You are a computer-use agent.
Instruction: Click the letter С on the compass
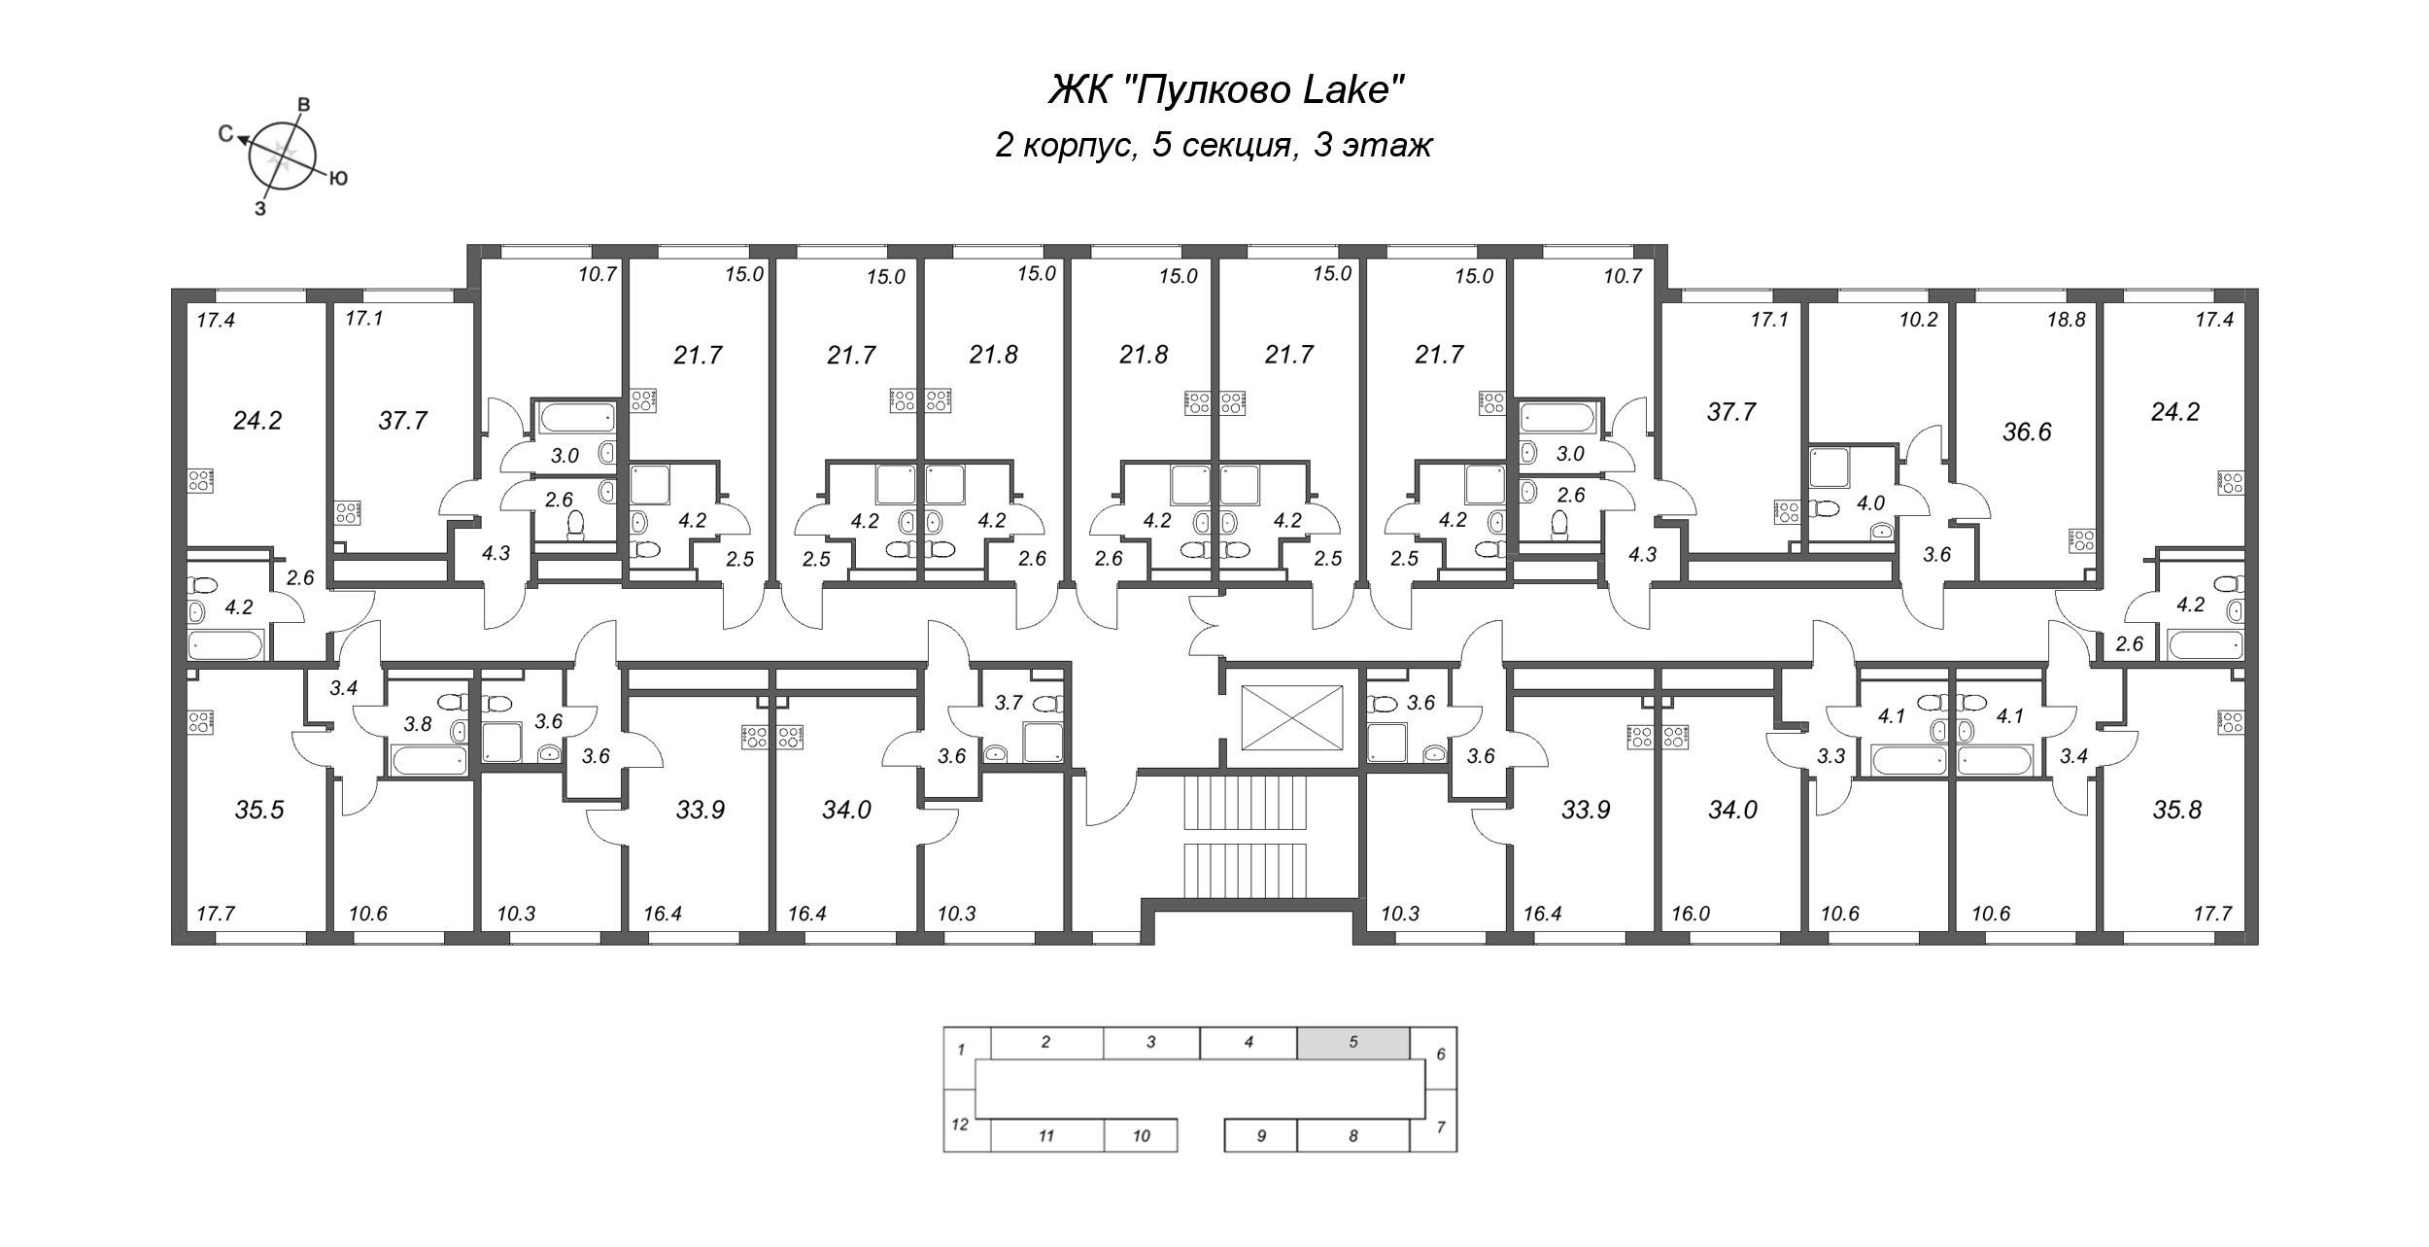click(x=225, y=134)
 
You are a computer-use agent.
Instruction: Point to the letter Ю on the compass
click(x=339, y=179)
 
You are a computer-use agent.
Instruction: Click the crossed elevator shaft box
click(x=1291, y=717)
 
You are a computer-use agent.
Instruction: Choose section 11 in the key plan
click(x=1045, y=1135)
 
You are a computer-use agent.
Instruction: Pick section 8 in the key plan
click(x=1352, y=1135)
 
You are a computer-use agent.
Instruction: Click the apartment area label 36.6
click(x=2027, y=432)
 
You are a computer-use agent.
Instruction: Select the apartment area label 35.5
click(x=259, y=810)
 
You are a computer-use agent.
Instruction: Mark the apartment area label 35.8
click(x=2176, y=810)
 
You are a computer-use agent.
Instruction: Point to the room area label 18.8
click(x=2067, y=319)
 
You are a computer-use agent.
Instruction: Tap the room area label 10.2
click(x=1918, y=319)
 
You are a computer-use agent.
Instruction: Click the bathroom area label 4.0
click(x=1870, y=503)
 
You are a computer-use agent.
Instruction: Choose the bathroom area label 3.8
click(x=417, y=723)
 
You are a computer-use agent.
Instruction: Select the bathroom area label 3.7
click(x=1009, y=702)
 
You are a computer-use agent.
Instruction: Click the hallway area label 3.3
click(x=1830, y=755)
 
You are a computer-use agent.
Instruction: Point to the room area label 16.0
click(x=1690, y=914)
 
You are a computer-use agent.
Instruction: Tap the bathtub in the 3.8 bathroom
click(x=428, y=760)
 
